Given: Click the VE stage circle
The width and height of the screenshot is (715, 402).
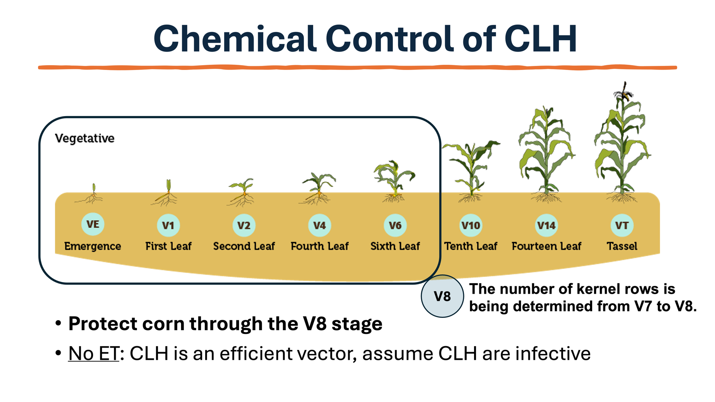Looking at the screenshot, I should point(93,224).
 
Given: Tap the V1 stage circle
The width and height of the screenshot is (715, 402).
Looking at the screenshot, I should point(168,225).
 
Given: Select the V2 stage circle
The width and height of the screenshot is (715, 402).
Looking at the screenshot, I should point(244,225).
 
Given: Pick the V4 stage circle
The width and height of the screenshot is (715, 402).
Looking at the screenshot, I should point(320,225).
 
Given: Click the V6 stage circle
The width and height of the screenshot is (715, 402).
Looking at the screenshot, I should point(395,225).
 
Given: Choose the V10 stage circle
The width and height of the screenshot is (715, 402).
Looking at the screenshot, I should point(471,225).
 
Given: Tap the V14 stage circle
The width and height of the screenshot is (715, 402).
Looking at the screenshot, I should point(546,225).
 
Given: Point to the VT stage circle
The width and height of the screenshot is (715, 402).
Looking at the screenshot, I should point(622,225).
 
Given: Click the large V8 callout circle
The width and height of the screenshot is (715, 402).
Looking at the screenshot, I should point(442,296).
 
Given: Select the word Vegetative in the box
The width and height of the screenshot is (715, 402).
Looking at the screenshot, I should point(85,138).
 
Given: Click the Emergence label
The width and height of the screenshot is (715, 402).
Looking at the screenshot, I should point(93,246).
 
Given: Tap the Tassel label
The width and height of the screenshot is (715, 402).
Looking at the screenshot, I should point(622,246).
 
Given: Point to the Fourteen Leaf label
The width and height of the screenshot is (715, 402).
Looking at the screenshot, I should point(546,246).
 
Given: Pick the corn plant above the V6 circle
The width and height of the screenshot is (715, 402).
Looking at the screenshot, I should point(394,179).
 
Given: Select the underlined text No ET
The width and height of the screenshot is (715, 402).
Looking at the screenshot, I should point(93,353).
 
